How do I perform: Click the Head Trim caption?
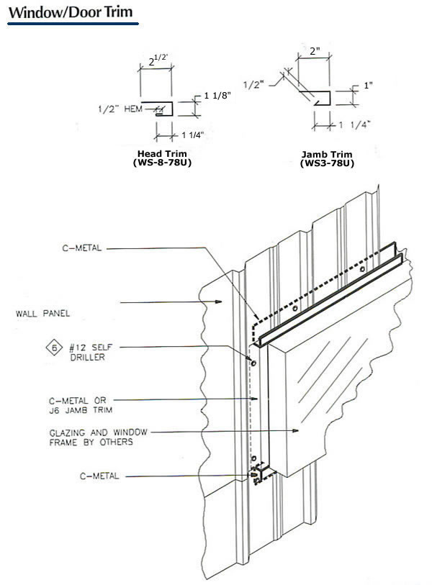[x=163, y=153]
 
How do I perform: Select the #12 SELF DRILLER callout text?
[x=89, y=350]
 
